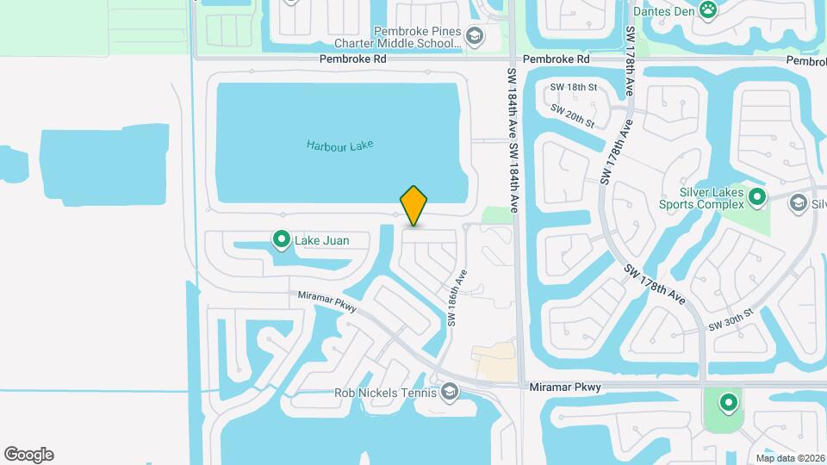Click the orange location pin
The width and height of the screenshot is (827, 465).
pos(413,205)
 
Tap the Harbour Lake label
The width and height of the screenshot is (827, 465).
pos(339,146)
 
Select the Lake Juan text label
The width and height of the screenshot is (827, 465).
pos(322,240)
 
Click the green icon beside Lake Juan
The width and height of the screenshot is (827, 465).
pos(281,239)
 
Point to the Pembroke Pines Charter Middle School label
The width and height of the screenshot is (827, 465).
pos(417,36)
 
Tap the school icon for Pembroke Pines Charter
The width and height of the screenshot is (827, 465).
pos(473,36)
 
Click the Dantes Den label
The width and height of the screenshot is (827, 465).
pos(663,11)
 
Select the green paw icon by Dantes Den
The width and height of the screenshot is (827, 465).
pos(708,10)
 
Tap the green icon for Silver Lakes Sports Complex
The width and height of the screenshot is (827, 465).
pos(757,198)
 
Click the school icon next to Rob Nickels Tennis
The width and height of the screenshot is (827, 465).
pos(449,393)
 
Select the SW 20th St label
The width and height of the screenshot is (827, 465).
pos(573,117)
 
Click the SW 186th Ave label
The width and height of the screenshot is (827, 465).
pos(456,298)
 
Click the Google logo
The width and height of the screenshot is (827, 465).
pos(28,455)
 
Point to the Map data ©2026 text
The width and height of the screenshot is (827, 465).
pos(789,458)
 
